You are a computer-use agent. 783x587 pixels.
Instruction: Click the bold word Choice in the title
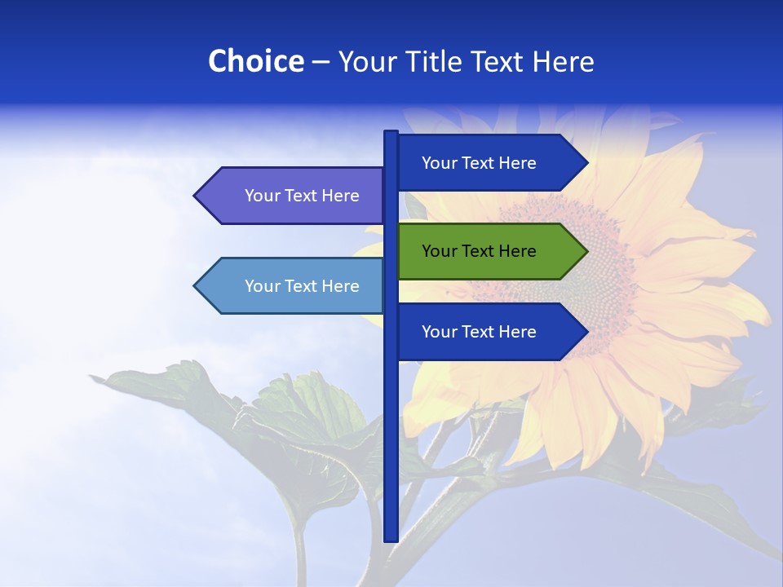(x=255, y=61)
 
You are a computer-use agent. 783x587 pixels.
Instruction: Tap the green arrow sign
(x=489, y=251)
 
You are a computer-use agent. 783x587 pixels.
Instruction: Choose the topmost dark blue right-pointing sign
(x=489, y=163)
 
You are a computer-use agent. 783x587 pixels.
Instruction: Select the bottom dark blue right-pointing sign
(x=489, y=332)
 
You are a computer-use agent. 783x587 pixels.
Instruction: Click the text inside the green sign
(x=479, y=251)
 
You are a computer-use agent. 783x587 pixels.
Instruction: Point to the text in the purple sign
(x=302, y=196)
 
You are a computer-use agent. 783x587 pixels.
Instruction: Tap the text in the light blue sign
(x=302, y=286)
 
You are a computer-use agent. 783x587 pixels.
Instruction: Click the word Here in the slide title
(x=563, y=61)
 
